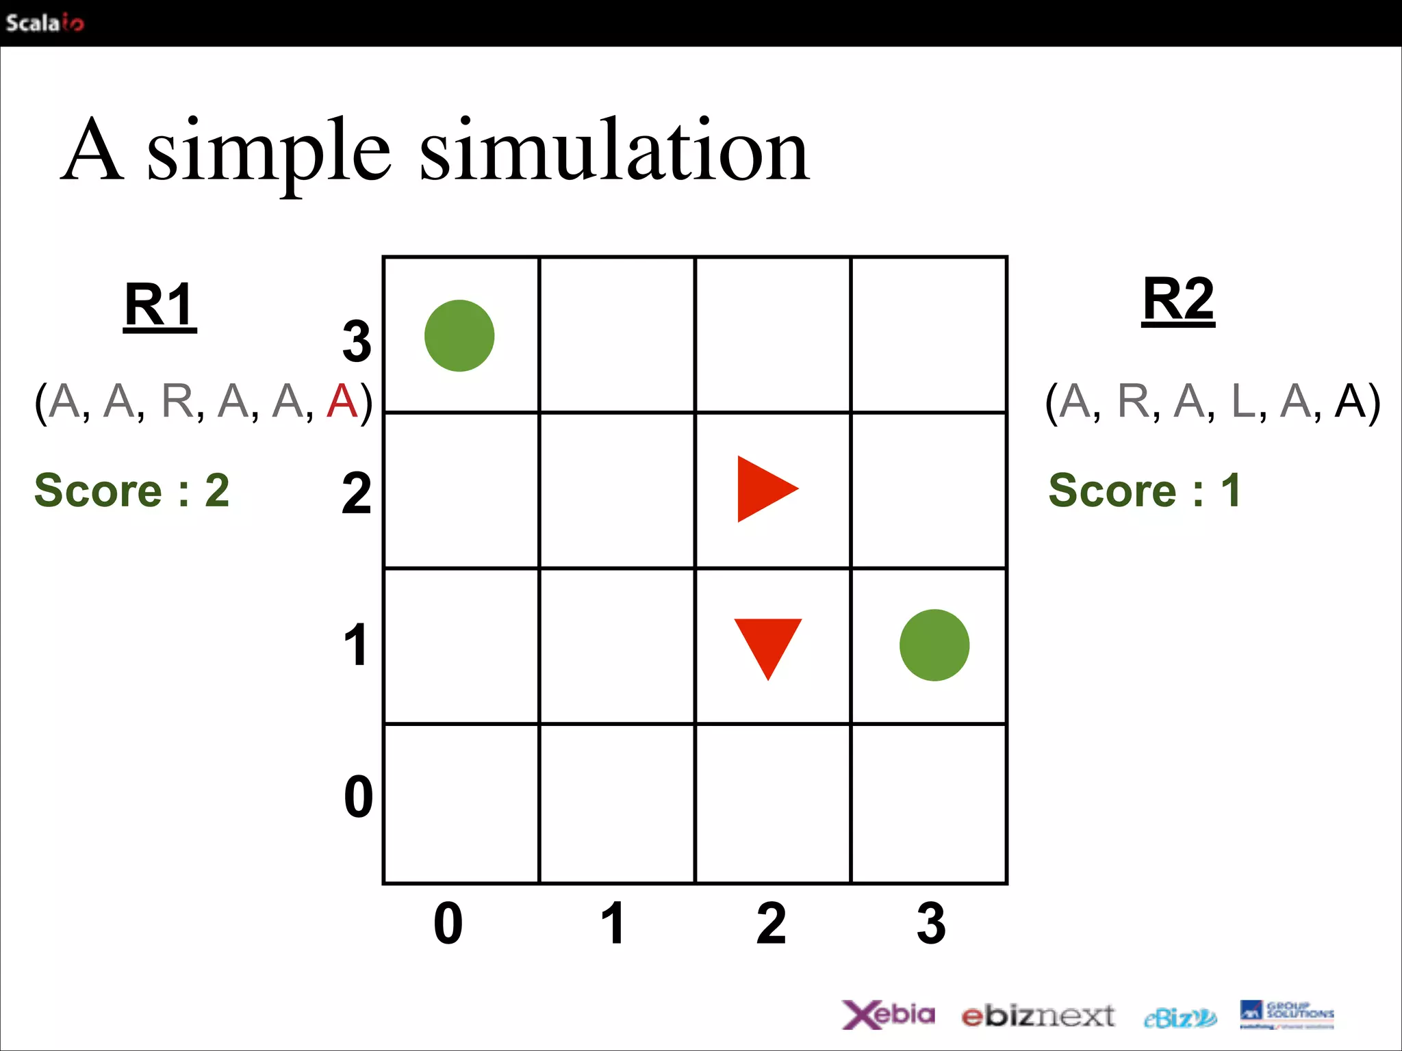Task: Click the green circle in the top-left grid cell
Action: coord(459,336)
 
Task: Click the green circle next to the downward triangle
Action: coord(934,645)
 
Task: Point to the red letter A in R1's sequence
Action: coord(342,401)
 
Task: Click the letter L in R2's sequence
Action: coord(1243,401)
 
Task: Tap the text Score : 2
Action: coord(132,490)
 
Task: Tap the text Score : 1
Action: coord(1144,490)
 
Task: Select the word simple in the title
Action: coord(268,152)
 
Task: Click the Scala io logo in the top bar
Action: coord(44,23)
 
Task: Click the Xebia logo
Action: coord(888,1014)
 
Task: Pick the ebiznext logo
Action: coord(1038,1016)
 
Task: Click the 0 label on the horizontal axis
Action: coord(448,923)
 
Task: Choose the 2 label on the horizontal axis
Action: coord(771,923)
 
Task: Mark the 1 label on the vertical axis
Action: coord(356,645)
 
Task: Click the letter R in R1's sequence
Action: coord(178,401)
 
